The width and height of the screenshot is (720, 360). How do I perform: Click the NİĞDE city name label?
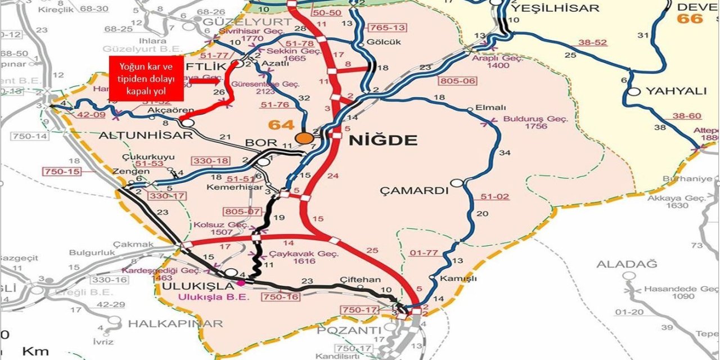coord(383,140)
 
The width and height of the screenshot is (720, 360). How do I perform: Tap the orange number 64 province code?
coord(281,125)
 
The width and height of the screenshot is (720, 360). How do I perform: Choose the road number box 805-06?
coord(458,81)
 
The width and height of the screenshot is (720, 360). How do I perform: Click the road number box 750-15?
coord(62,171)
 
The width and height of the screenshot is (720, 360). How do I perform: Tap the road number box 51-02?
coord(494,196)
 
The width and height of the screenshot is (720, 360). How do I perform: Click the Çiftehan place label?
coord(360,280)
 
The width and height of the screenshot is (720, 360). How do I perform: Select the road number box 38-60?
coord(687,116)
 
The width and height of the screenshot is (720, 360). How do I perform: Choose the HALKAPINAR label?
coord(175,323)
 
